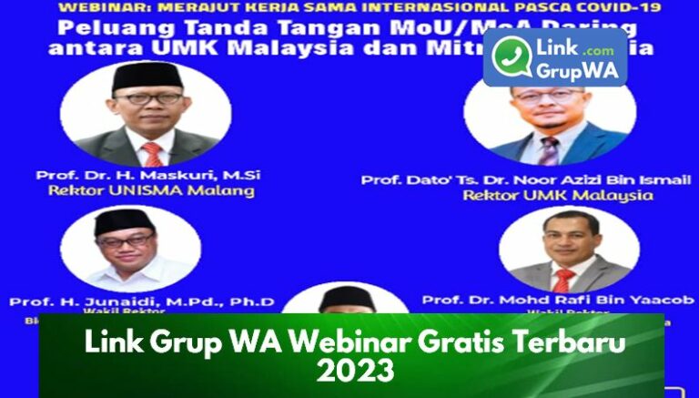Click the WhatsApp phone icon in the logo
[512, 57]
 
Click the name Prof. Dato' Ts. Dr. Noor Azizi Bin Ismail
[525, 180]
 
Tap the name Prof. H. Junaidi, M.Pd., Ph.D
[141, 301]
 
